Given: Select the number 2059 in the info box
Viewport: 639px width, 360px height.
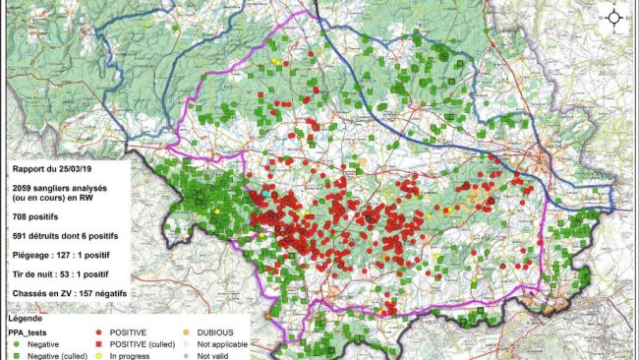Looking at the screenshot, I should (24, 187).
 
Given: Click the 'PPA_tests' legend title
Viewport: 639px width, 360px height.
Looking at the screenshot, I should (29, 332).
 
